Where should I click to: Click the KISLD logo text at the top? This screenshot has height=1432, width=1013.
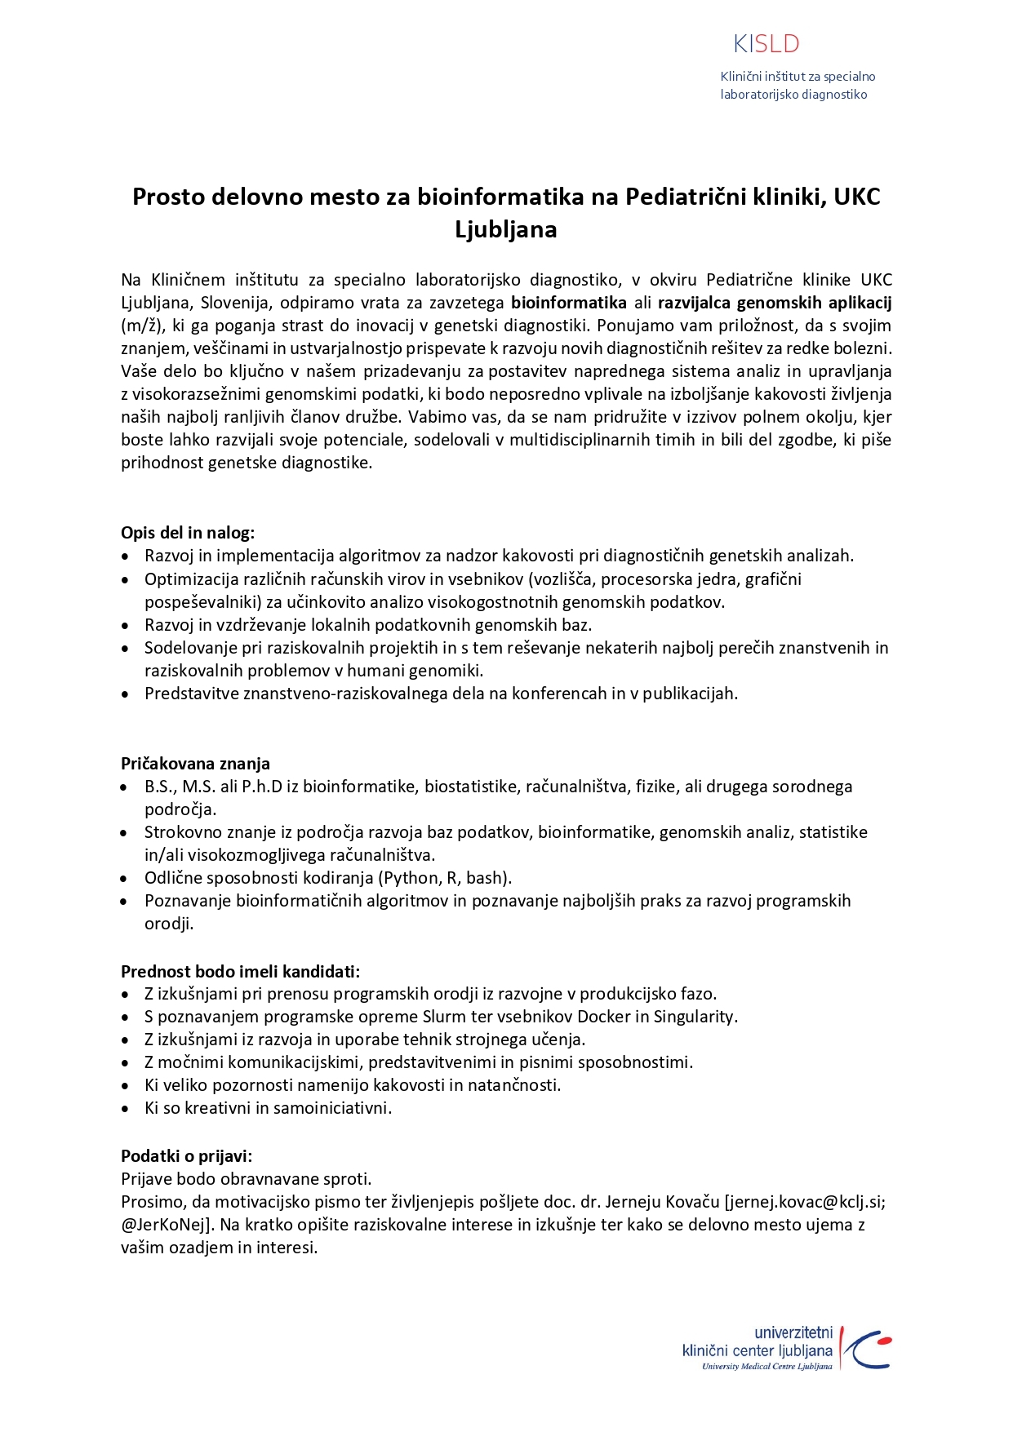coord(766,44)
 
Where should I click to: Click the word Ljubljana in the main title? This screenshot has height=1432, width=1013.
coord(506,229)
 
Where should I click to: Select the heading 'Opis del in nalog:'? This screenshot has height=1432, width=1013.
coord(188,533)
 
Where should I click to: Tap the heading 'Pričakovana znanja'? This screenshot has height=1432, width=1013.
coord(195,764)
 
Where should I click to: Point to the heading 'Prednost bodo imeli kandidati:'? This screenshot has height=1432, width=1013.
coord(240,971)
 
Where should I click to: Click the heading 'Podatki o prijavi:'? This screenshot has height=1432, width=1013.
coord(187,1155)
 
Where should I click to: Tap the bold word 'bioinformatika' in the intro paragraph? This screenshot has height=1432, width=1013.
coord(569,303)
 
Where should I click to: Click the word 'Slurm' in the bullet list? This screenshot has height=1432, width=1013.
coord(444,1017)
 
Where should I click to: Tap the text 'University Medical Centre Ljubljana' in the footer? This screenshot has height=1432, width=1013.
coord(766,1367)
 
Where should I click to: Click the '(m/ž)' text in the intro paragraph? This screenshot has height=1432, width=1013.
coord(140,326)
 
